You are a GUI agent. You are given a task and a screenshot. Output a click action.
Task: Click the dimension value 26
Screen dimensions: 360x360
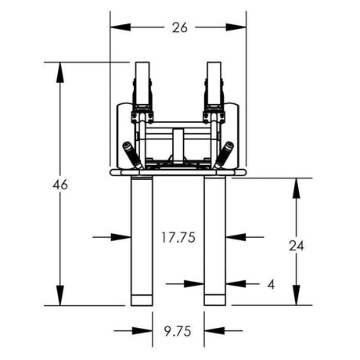click(178, 27)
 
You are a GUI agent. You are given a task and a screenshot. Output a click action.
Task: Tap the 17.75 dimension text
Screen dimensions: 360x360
click(178, 236)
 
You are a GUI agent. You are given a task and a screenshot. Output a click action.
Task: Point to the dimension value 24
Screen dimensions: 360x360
click(296, 244)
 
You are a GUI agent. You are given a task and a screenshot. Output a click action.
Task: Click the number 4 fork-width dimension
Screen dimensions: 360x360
click(270, 284)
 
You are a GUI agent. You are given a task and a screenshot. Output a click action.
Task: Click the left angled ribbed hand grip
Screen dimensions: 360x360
click(131, 154)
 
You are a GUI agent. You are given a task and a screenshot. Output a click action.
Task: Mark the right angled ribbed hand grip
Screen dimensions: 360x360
click(225, 154)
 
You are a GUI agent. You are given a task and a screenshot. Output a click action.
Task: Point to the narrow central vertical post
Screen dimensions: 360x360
click(178, 146)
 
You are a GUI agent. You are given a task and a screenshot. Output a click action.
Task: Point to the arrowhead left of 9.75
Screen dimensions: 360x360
click(146, 330)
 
